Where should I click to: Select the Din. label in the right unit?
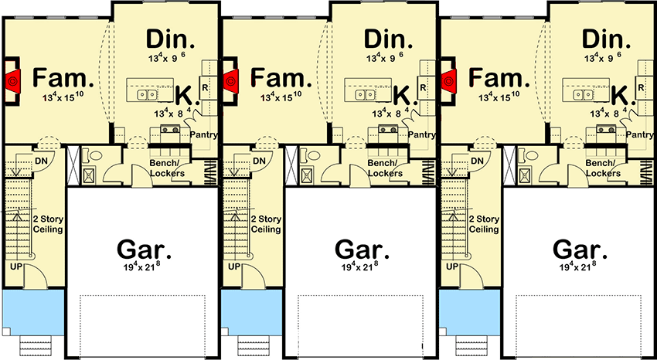[607, 39]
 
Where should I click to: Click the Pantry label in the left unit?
[203, 135]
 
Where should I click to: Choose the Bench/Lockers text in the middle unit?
[384, 168]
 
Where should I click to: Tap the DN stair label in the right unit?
[477, 160]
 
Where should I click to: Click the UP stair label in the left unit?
[16, 267]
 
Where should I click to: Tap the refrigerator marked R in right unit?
[642, 87]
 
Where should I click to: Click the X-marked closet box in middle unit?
[292, 165]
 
